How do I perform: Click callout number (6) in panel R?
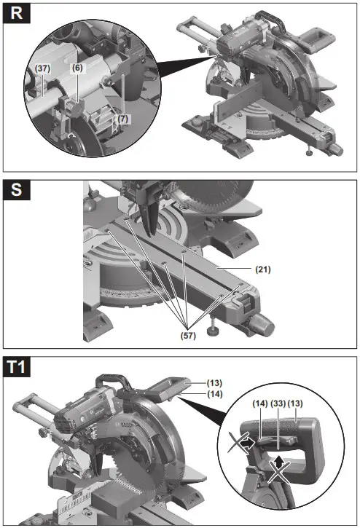(77, 68)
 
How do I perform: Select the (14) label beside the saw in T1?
(193, 393)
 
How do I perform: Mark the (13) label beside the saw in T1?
(193, 382)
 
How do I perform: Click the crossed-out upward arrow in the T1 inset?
(278, 469)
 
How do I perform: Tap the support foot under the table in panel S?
(212, 330)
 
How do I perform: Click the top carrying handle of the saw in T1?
(111, 381)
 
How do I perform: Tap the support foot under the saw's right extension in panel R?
(310, 152)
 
